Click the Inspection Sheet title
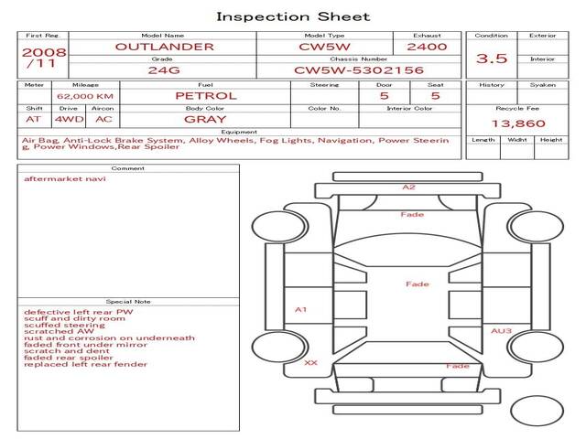293,16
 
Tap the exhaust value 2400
427,47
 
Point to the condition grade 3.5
492,59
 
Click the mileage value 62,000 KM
84,96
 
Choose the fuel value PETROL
205,95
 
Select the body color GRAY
205,119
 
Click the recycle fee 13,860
517,123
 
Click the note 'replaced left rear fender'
85,364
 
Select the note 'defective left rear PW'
78,312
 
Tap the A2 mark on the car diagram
408,187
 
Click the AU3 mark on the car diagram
501,331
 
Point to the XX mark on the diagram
310,363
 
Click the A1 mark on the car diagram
299,310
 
